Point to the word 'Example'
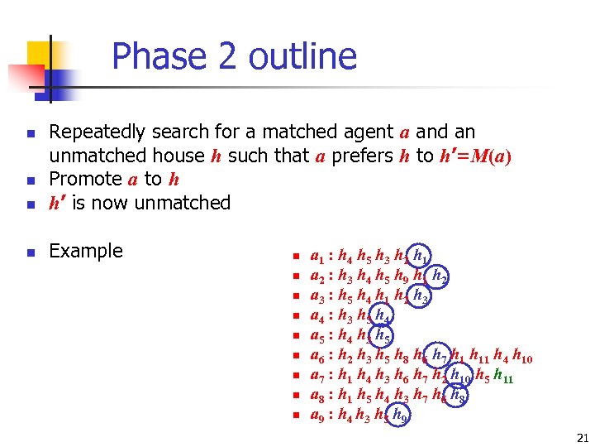pos(86,251)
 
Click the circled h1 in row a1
pos(421,256)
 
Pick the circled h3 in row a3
pos(421,296)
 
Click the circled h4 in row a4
pos(383,315)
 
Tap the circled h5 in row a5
pos(383,335)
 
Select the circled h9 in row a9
pos(401,416)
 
